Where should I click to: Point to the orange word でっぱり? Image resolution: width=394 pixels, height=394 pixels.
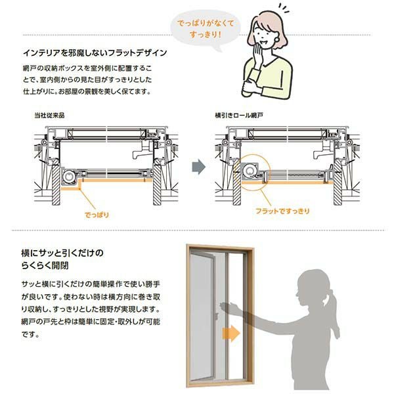click(97, 214)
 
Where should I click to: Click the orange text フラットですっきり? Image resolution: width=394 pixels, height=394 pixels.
click(282, 212)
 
